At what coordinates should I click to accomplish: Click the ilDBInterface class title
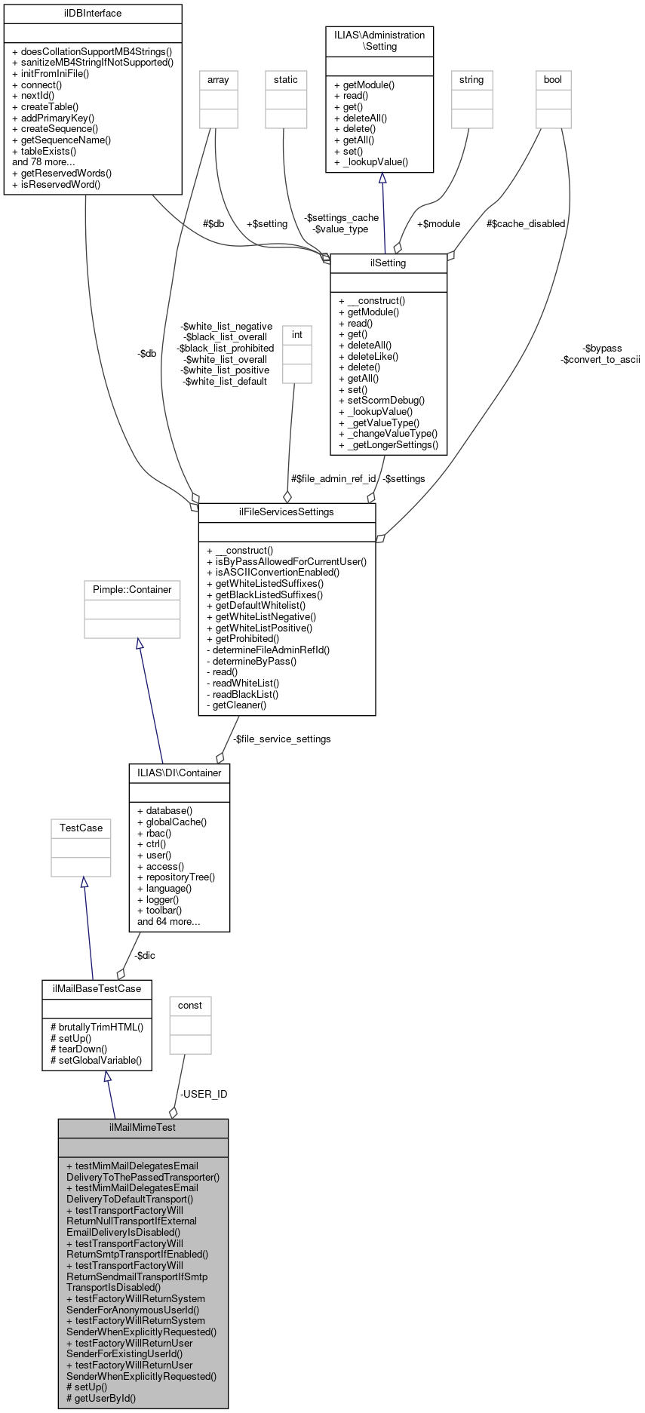pos(93,13)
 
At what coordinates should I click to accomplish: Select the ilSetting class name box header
pos(389,263)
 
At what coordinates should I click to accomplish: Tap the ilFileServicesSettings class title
pos(287,511)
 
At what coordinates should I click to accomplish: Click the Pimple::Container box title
pos(132,589)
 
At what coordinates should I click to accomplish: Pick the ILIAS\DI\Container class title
pos(180,773)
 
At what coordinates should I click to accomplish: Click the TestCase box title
pos(81,828)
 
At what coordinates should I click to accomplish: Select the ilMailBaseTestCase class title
pos(97,988)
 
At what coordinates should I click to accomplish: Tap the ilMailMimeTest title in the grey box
pos(143,1127)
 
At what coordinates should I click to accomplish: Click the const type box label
pos(190,1005)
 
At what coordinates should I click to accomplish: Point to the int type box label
pos(297,334)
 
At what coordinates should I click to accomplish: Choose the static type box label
pos(286,79)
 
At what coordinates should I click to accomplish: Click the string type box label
pos(471,79)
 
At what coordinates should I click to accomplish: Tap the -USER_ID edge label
pos(204,1094)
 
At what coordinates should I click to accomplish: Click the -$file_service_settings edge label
pos(281,739)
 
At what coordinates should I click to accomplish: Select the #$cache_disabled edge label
pos(526,223)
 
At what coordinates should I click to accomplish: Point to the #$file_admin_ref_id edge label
pos(333,478)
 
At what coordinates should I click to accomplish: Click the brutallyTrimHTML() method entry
pos(100,1027)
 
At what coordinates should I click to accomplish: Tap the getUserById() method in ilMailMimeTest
pos(105,1398)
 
